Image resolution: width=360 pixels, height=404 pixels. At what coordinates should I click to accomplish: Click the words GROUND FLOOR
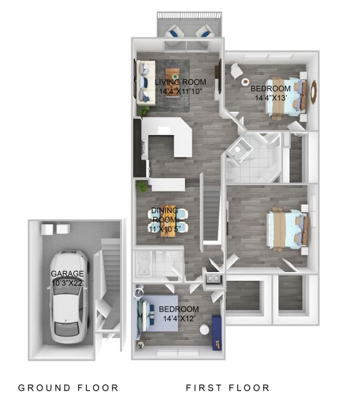(68, 388)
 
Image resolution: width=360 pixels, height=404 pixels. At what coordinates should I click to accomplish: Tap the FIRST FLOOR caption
(227, 388)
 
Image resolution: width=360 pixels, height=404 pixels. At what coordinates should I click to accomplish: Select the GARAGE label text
(67, 274)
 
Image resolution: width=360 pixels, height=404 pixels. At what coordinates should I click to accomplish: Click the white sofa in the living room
(146, 82)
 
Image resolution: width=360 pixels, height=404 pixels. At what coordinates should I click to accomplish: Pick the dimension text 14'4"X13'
(270, 98)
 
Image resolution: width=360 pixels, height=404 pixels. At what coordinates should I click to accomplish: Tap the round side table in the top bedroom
(237, 71)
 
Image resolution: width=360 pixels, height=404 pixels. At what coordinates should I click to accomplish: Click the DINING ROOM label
(164, 215)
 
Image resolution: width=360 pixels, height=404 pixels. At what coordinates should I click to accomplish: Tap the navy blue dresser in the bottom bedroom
(216, 332)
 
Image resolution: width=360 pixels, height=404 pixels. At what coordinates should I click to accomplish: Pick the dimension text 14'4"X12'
(179, 318)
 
